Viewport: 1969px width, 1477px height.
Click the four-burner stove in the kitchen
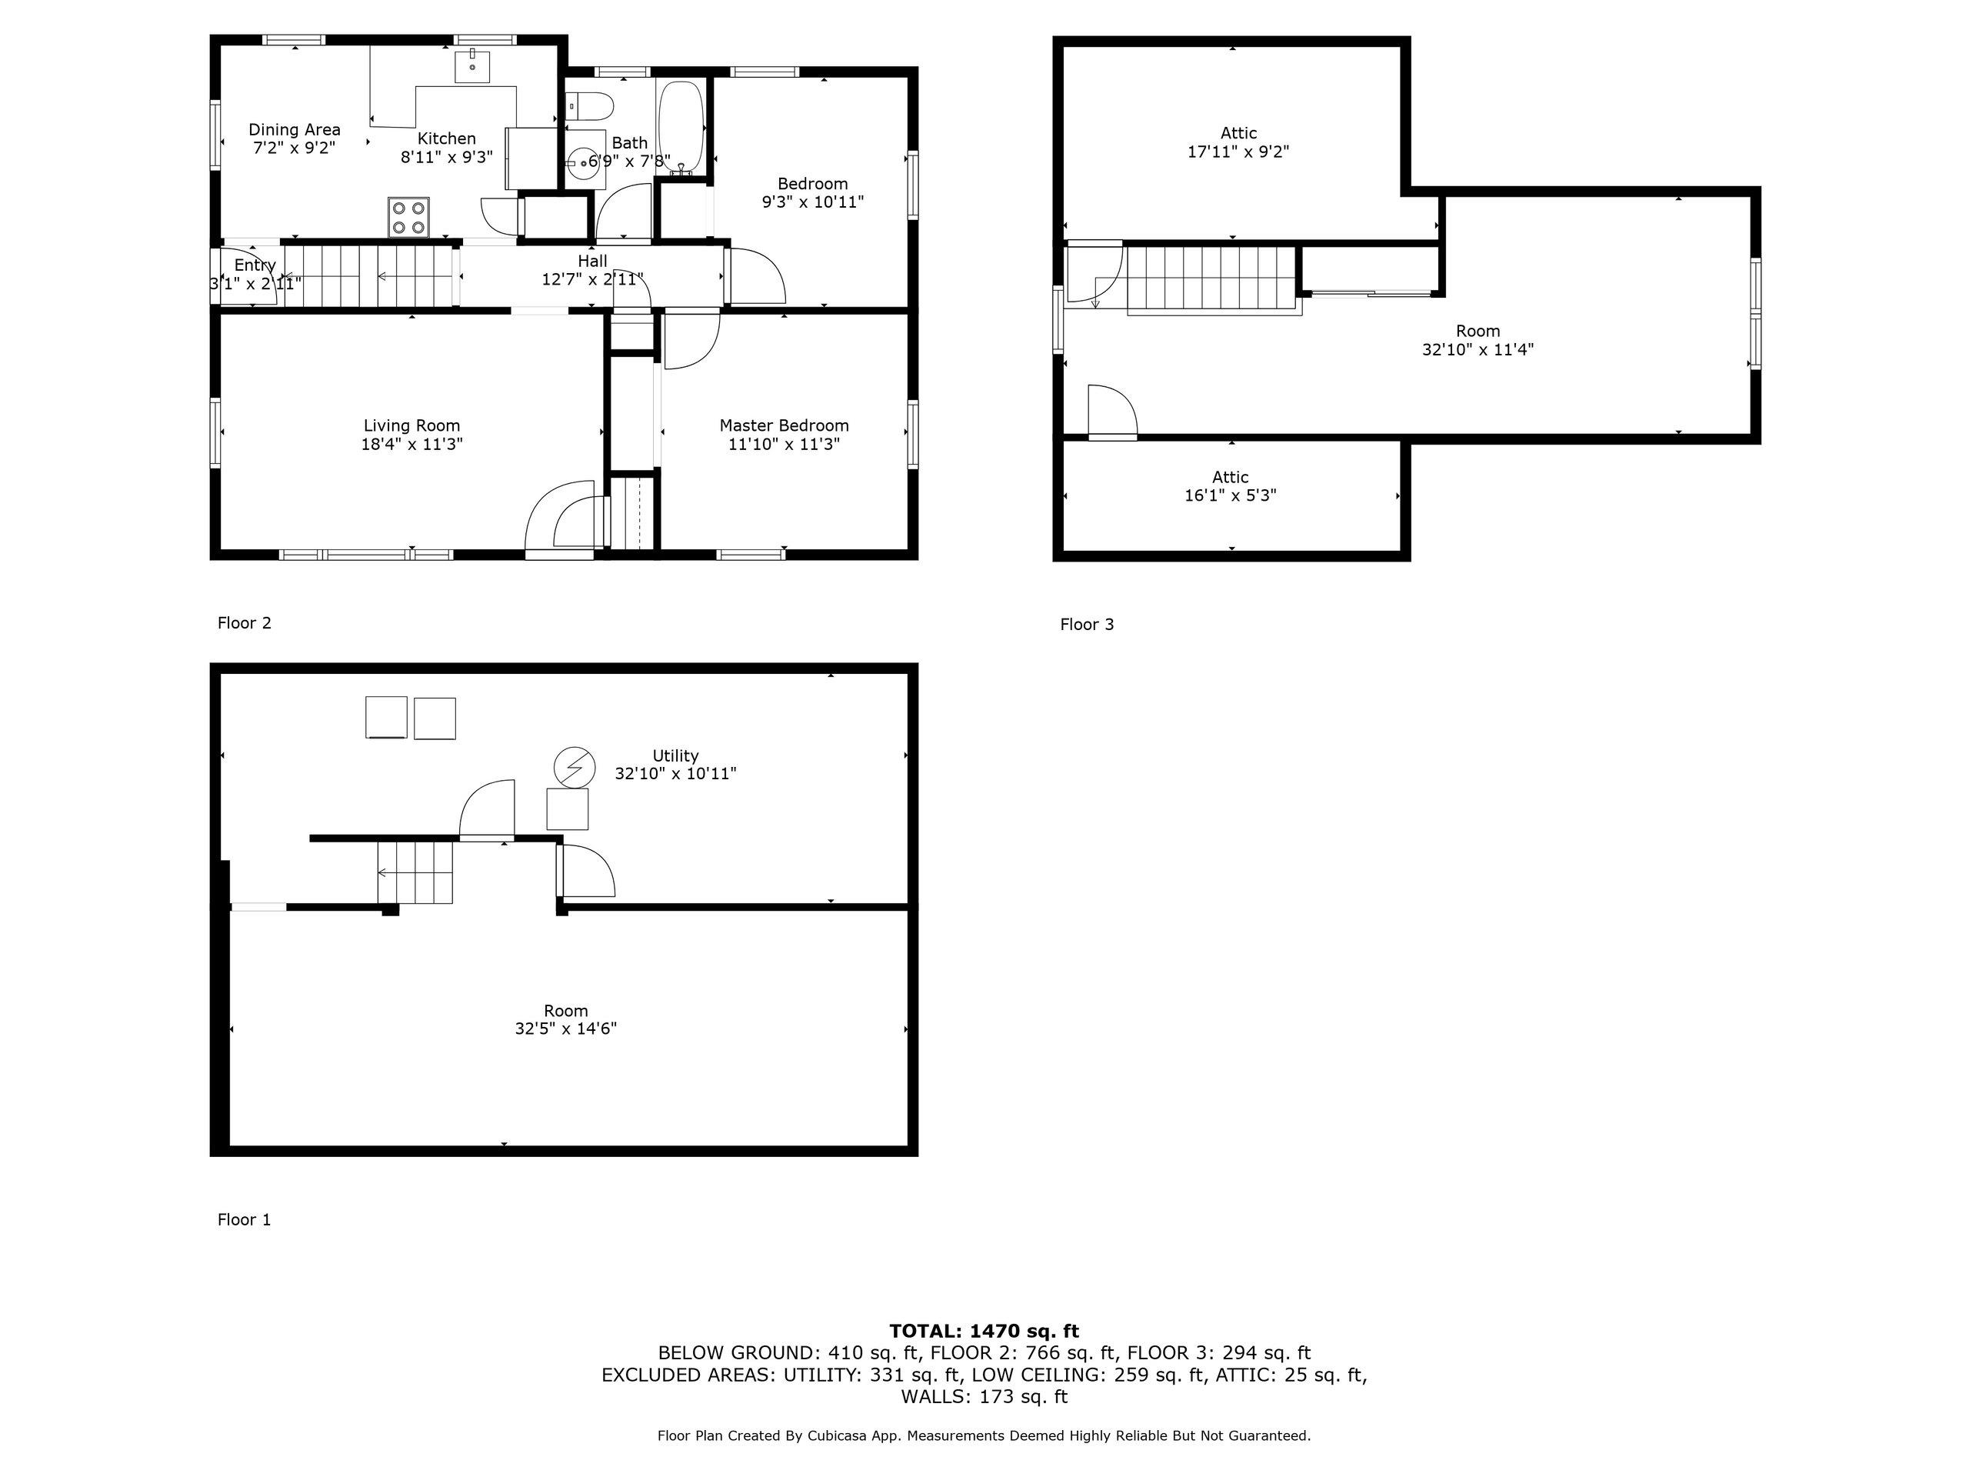click(x=408, y=217)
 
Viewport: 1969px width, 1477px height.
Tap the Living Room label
click(x=412, y=425)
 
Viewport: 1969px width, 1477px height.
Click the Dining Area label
click(x=295, y=130)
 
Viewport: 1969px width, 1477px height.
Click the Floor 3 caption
click(x=1087, y=625)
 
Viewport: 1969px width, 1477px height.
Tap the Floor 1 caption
click(x=244, y=1220)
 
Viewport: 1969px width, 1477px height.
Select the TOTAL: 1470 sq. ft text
click(x=984, y=1331)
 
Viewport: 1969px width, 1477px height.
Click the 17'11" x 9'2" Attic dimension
click(x=1238, y=152)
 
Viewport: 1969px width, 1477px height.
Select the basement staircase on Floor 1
click(x=415, y=872)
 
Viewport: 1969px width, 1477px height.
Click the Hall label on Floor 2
click(x=593, y=261)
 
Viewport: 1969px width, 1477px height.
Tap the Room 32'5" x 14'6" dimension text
click(x=566, y=1029)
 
